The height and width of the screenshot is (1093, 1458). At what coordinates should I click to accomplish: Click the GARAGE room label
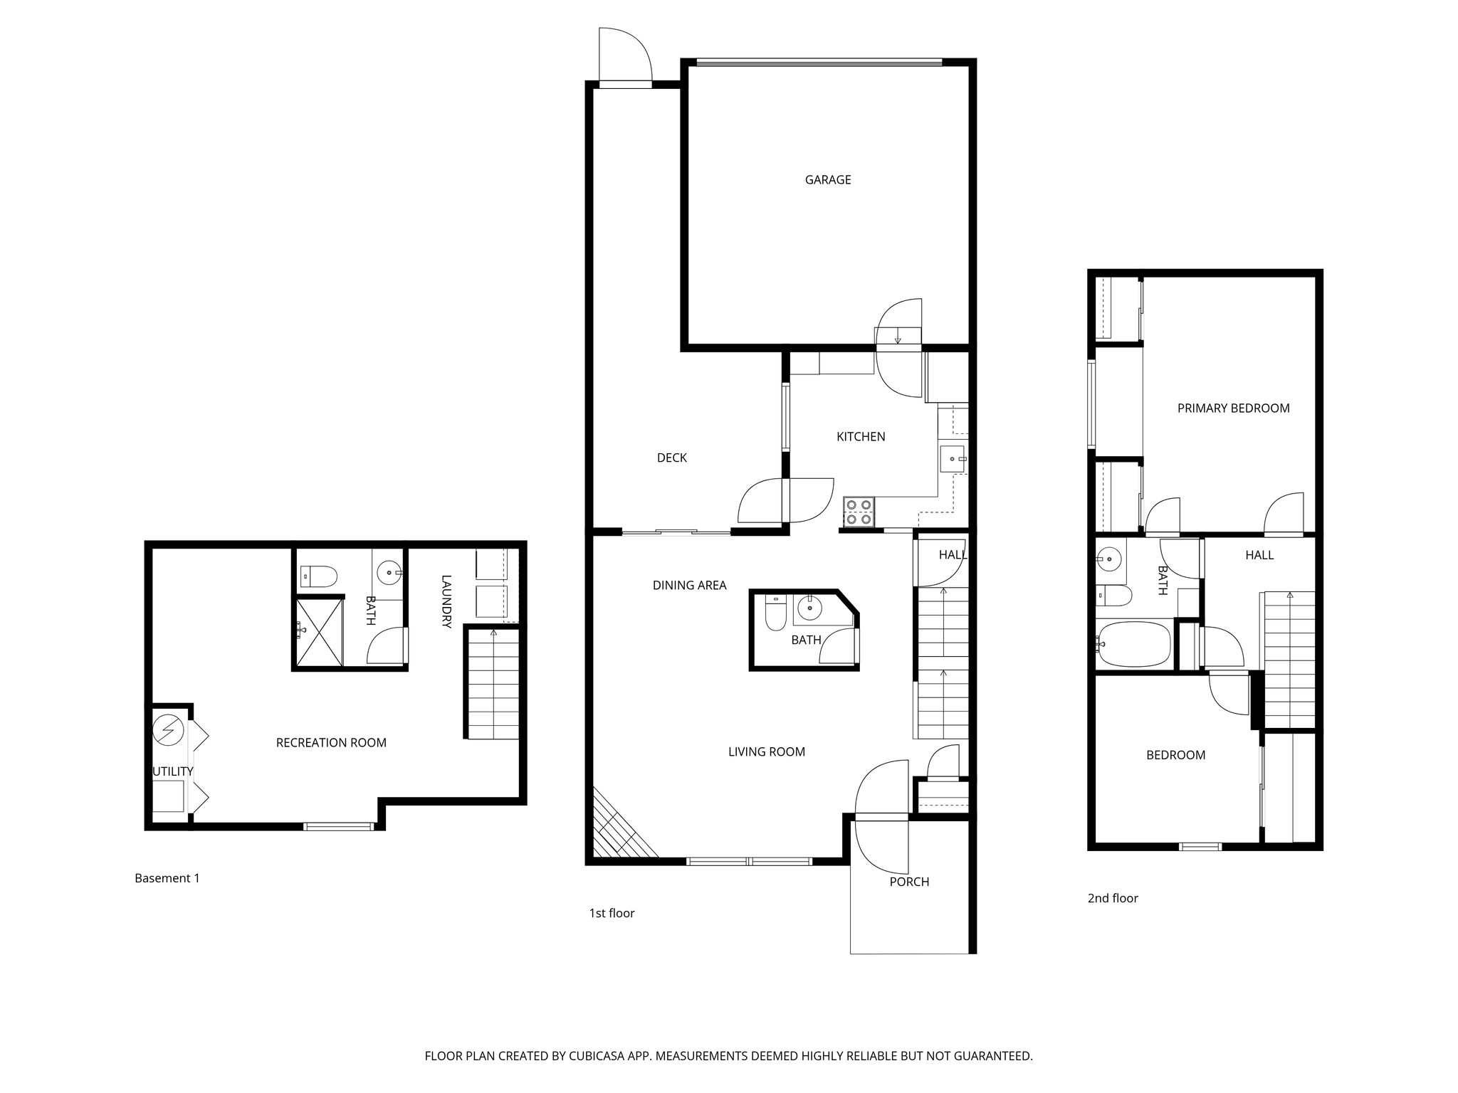click(827, 180)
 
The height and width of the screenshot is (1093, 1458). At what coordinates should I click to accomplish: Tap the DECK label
click(671, 458)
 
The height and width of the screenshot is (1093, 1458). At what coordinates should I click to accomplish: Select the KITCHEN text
click(861, 436)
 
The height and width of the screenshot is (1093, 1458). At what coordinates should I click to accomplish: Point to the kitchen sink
click(952, 460)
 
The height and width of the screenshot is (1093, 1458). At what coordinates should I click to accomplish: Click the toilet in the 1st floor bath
click(775, 613)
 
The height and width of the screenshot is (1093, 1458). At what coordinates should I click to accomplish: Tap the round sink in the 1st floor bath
click(809, 608)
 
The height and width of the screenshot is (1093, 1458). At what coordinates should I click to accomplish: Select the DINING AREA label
click(689, 585)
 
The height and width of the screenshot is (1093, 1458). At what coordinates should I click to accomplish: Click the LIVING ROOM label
click(766, 751)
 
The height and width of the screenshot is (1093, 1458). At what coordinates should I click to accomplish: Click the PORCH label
click(909, 882)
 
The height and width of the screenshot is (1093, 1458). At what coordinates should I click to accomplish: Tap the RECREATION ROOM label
click(331, 743)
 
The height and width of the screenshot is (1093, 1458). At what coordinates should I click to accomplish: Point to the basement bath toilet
click(318, 576)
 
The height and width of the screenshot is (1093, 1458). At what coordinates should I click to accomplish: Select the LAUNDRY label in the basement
click(446, 601)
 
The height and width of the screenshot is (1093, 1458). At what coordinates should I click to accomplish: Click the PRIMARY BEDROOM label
click(1233, 408)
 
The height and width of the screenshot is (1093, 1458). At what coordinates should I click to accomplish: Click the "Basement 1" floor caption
click(167, 878)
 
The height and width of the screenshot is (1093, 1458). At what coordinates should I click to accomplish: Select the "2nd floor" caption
click(1113, 898)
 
